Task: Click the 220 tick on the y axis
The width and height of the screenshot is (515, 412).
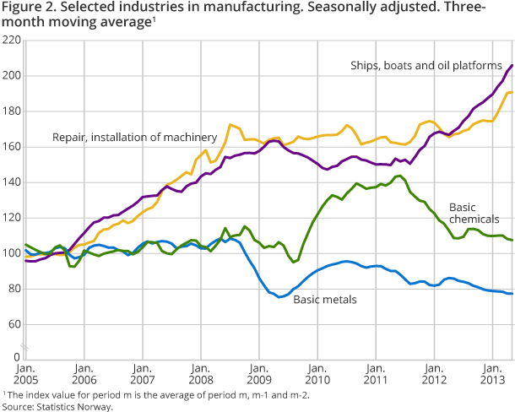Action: click(x=12, y=40)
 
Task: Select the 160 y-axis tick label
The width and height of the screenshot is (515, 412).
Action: click(x=12, y=147)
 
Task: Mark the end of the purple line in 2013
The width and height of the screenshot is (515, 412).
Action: click(x=512, y=65)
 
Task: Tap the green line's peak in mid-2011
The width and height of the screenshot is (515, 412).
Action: click(x=398, y=176)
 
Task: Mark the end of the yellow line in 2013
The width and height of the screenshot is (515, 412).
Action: click(x=512, y=92)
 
